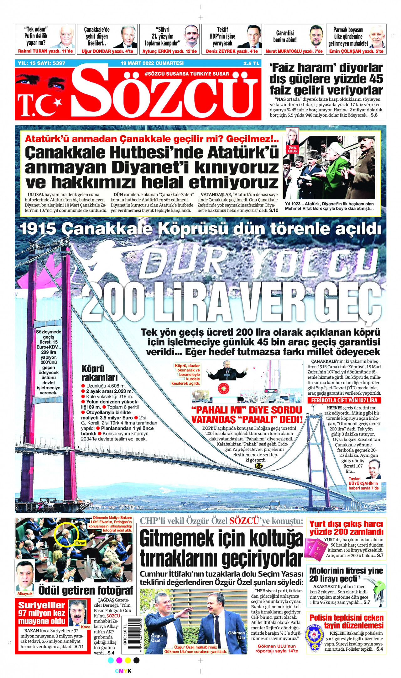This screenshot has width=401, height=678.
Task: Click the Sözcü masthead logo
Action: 166,94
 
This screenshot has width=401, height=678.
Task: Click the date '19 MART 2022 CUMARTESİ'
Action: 152,63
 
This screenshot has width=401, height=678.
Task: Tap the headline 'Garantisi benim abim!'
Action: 285,36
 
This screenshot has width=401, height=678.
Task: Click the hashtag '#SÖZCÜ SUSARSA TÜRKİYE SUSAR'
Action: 187,74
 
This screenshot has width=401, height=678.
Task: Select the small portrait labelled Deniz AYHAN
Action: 293,138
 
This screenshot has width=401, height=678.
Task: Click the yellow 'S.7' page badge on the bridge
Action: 258,466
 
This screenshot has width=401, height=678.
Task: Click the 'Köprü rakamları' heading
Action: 99,372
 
